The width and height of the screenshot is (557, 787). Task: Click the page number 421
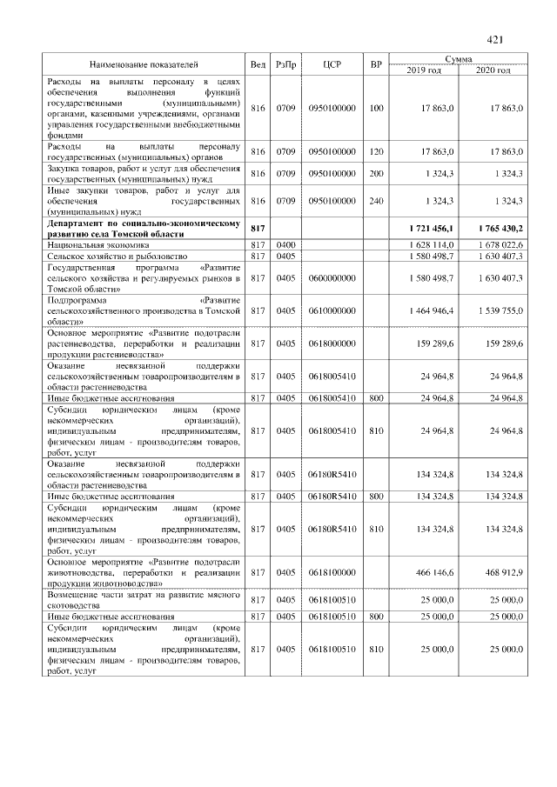point(496,39)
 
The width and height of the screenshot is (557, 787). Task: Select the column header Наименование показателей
point(144,64)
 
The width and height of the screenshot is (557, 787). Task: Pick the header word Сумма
point(458,58)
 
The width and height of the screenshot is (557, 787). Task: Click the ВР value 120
point(376,151)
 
